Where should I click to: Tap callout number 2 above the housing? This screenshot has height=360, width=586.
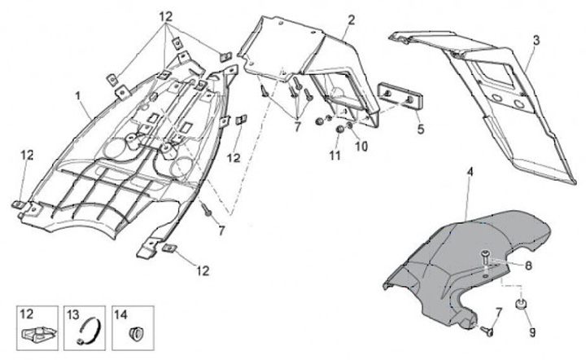coord(352,20)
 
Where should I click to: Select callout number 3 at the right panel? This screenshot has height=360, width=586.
coord(536,39)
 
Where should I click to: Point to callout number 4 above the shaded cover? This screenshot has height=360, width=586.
coord(470,173)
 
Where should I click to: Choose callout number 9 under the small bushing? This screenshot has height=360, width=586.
coord(533,332)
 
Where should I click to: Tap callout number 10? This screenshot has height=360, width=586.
coord(362,147)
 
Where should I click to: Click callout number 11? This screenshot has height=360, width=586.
coord(334,154)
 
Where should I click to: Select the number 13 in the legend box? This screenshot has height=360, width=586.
coord(72,314)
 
